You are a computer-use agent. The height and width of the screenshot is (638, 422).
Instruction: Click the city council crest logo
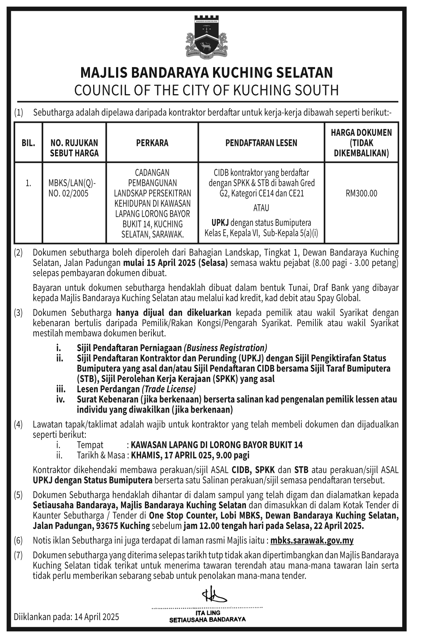[206, 37]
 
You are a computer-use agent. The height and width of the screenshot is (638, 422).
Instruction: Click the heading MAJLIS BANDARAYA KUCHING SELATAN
[206, 73]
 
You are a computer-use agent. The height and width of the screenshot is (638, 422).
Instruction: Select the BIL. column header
[28, 143]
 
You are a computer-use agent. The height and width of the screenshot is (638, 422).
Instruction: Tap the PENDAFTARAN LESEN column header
[261, 143]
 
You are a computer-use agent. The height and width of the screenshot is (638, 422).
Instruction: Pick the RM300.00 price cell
[361, 193]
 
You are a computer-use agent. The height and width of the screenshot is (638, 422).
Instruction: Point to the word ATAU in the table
[261, 208]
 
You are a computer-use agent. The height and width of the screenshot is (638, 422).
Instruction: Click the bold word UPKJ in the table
[220, 223]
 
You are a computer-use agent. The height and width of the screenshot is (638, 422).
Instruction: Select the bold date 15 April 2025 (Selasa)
[175, 263]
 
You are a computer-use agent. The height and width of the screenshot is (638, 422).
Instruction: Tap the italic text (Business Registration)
[225, 348]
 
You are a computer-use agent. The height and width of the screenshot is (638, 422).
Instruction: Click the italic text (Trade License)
[169, 389]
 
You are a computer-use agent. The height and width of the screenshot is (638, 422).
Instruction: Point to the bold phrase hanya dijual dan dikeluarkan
[174, 313]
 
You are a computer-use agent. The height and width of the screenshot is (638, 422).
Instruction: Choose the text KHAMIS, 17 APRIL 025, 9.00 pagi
[190, 455]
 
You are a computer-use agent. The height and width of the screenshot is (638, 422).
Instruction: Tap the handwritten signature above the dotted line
[214, 595]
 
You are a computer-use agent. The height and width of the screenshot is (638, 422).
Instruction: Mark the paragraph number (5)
[18, 495]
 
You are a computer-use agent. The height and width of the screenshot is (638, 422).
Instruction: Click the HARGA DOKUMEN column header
[361, 143]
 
